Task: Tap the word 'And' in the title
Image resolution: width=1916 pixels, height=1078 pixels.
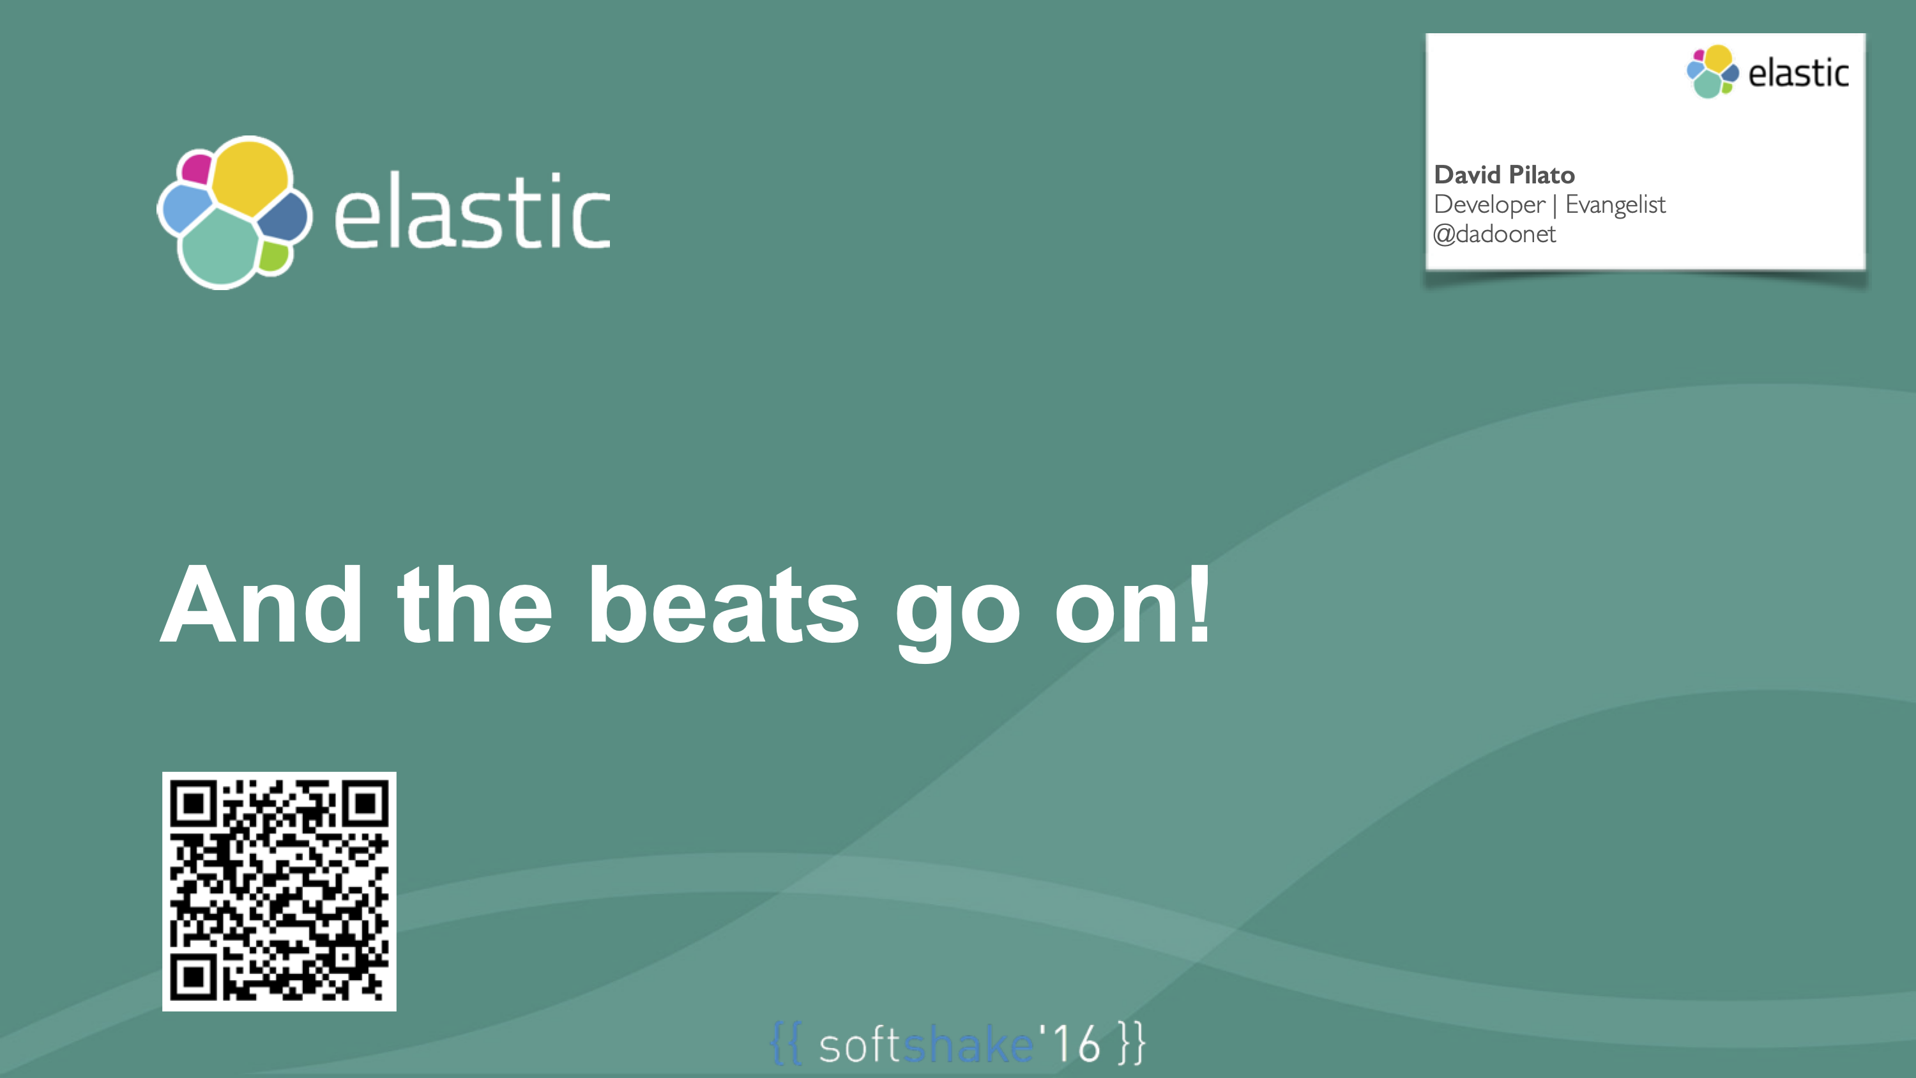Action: click(x=261, y=604)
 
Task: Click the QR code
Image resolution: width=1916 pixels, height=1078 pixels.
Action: click(x=279, y=891)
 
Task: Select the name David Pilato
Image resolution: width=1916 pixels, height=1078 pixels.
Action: click(x=1504, y=175)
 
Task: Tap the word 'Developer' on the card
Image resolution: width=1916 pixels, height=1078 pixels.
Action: click(x=1489, y=204)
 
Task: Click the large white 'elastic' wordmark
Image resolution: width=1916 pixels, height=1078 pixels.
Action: click(x=473, y=212)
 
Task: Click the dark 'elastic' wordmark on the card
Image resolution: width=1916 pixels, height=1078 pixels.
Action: click(x=1798, y=73)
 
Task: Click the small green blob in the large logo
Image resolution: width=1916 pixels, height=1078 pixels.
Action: click(x=274, y=257)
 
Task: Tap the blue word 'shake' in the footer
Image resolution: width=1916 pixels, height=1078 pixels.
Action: click(x=968, y=1045)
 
